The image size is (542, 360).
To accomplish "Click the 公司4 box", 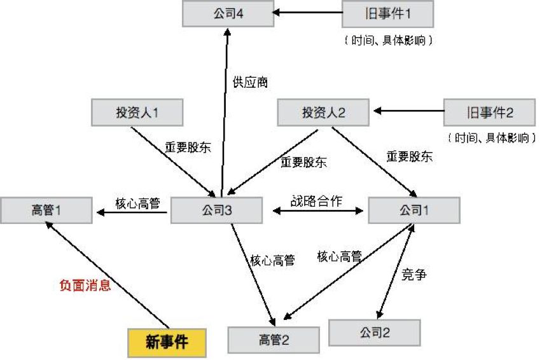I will coord(228,13).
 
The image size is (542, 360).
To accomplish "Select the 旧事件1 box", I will coord(387,13).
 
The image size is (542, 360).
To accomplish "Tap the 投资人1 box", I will coord(137,113).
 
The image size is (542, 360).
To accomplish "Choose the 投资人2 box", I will coord(323,113).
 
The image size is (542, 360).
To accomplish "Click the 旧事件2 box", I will coord(488,113).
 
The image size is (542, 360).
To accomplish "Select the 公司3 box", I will coord(217,211).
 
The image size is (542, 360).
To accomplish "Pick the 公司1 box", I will coord(414,211).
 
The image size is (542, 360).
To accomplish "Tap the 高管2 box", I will coord(274,339).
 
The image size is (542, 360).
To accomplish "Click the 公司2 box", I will coord(374,332).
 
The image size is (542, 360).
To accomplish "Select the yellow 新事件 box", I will coord(167,342).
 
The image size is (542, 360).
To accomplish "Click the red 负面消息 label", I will coord(85,286).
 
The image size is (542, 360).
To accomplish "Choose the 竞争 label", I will coord(414,275).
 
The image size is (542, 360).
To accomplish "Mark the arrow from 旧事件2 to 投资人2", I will coord(408,112).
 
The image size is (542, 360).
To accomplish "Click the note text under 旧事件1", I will coord(388,40).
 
